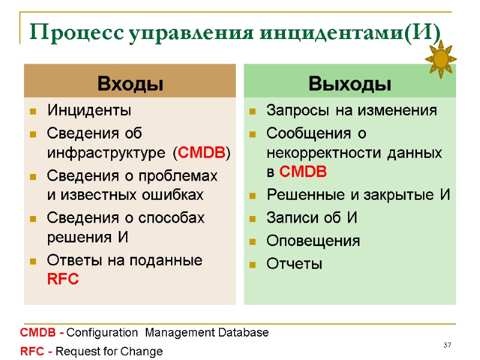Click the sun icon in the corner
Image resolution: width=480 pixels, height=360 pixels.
pyautogui.click(x=441, y=59)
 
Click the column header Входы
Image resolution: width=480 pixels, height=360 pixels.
pyautogui.click(x=130, y=83)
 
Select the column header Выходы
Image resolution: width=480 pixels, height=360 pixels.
pyautogui.click(x=350, y=83)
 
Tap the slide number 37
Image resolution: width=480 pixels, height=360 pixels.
pyautogui.click(x=446, y=345)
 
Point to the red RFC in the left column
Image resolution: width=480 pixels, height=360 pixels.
pyautogui.click(x=62, y=280)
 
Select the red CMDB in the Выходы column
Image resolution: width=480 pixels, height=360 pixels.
pyautogui.click(x=303, y=173)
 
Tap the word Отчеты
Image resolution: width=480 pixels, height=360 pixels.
pyautogui.click(x=294, y=263)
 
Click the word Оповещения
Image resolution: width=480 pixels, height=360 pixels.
pyautogui.click(x=313, y=241)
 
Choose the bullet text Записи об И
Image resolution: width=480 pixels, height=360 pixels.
pyautogui.click(x=311, y=218)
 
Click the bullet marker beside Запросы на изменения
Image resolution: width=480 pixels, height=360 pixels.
pyautogui.click(x=253, y=111)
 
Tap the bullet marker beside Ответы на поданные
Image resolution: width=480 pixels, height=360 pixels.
pyautogui.click(x=34, y=261)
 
